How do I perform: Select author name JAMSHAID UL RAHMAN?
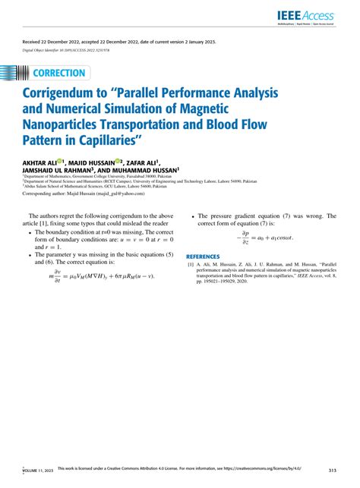click(58, 170)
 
